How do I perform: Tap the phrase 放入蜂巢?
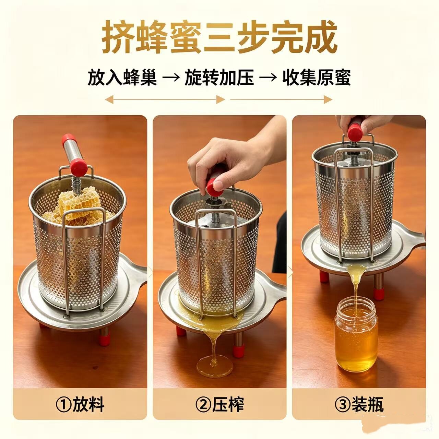click(122, 78)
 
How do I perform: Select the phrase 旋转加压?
click(219, 78)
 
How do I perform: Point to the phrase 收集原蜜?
click(316, 78)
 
